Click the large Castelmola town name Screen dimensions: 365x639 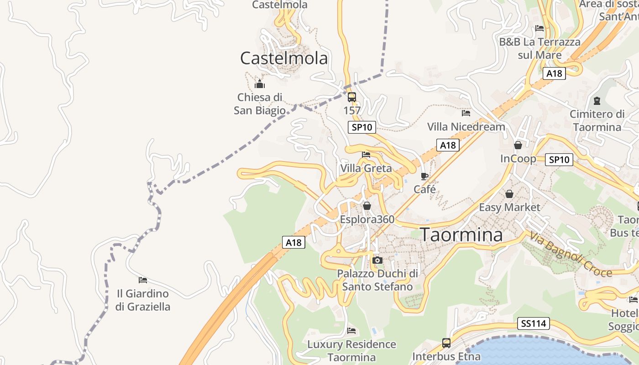[x=284, y=58]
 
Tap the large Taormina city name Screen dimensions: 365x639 [x=461, y=235]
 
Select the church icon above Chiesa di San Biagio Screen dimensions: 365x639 [x=260, y=84]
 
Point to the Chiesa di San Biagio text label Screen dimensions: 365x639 [x=260, y=104]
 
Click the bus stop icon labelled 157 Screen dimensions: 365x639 [x=351, y=97]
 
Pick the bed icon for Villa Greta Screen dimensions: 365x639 [x=366, y=155]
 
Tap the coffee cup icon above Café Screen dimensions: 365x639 [x=424, y=176]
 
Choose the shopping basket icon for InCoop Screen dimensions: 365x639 [x=518, y=146]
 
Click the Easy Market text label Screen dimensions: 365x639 [x=509, y=208]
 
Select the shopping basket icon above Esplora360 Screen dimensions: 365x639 [x=367, y=206]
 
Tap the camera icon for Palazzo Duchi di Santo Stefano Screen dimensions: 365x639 [x=377, y=261]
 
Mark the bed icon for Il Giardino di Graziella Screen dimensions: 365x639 [x=143, y=280]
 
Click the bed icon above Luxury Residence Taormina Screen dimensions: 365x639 [x=351, y=330]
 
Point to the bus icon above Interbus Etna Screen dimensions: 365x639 [x=446, y=343]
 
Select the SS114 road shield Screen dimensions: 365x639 [x=534, y=324]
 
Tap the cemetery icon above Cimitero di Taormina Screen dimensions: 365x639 [x=597, y=100]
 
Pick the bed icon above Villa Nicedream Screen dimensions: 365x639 [x=466, y=113]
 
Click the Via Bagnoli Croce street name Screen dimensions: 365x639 [x=571, y=255]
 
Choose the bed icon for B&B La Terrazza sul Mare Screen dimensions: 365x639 [x=539, y=28]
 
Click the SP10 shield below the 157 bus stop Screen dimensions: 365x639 [x=362, y=127]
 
